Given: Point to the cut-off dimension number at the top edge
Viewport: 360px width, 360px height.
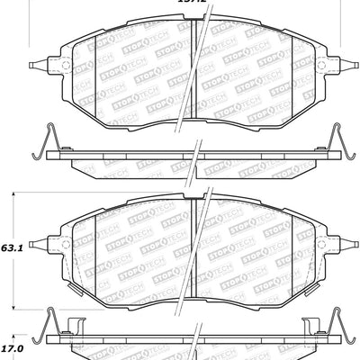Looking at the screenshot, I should click(x=193, y=3).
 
